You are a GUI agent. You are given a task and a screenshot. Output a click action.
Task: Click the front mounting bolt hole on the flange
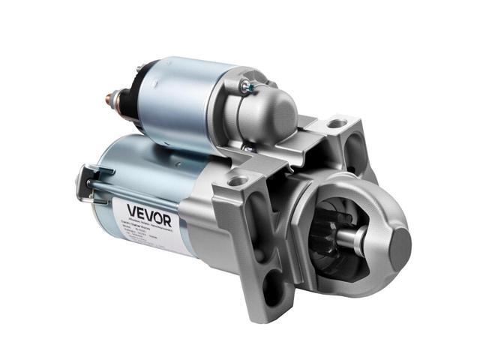click(x=238, y=181)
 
